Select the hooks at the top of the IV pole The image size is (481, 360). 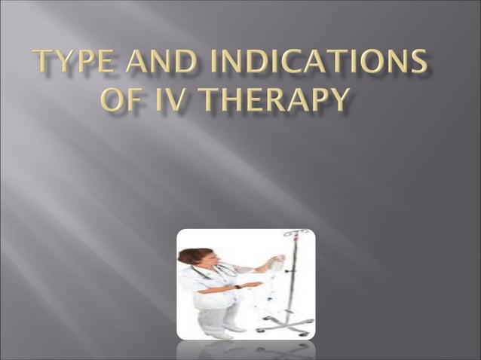(x=296, y=234)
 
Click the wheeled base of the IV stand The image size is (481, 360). (x=287, y=326)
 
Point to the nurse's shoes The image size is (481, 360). (x=226, y=331)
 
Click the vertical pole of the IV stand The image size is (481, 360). (x=293, y=279)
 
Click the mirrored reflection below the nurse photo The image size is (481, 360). (x=246, y=350)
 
